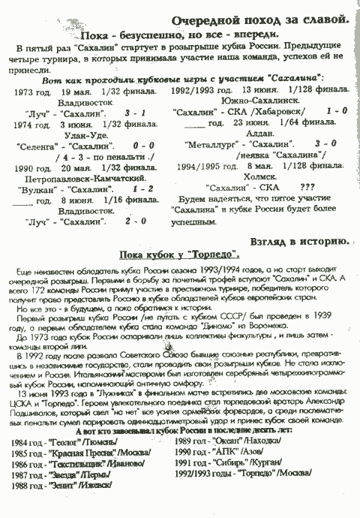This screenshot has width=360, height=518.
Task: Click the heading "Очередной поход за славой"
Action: (259, 19)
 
